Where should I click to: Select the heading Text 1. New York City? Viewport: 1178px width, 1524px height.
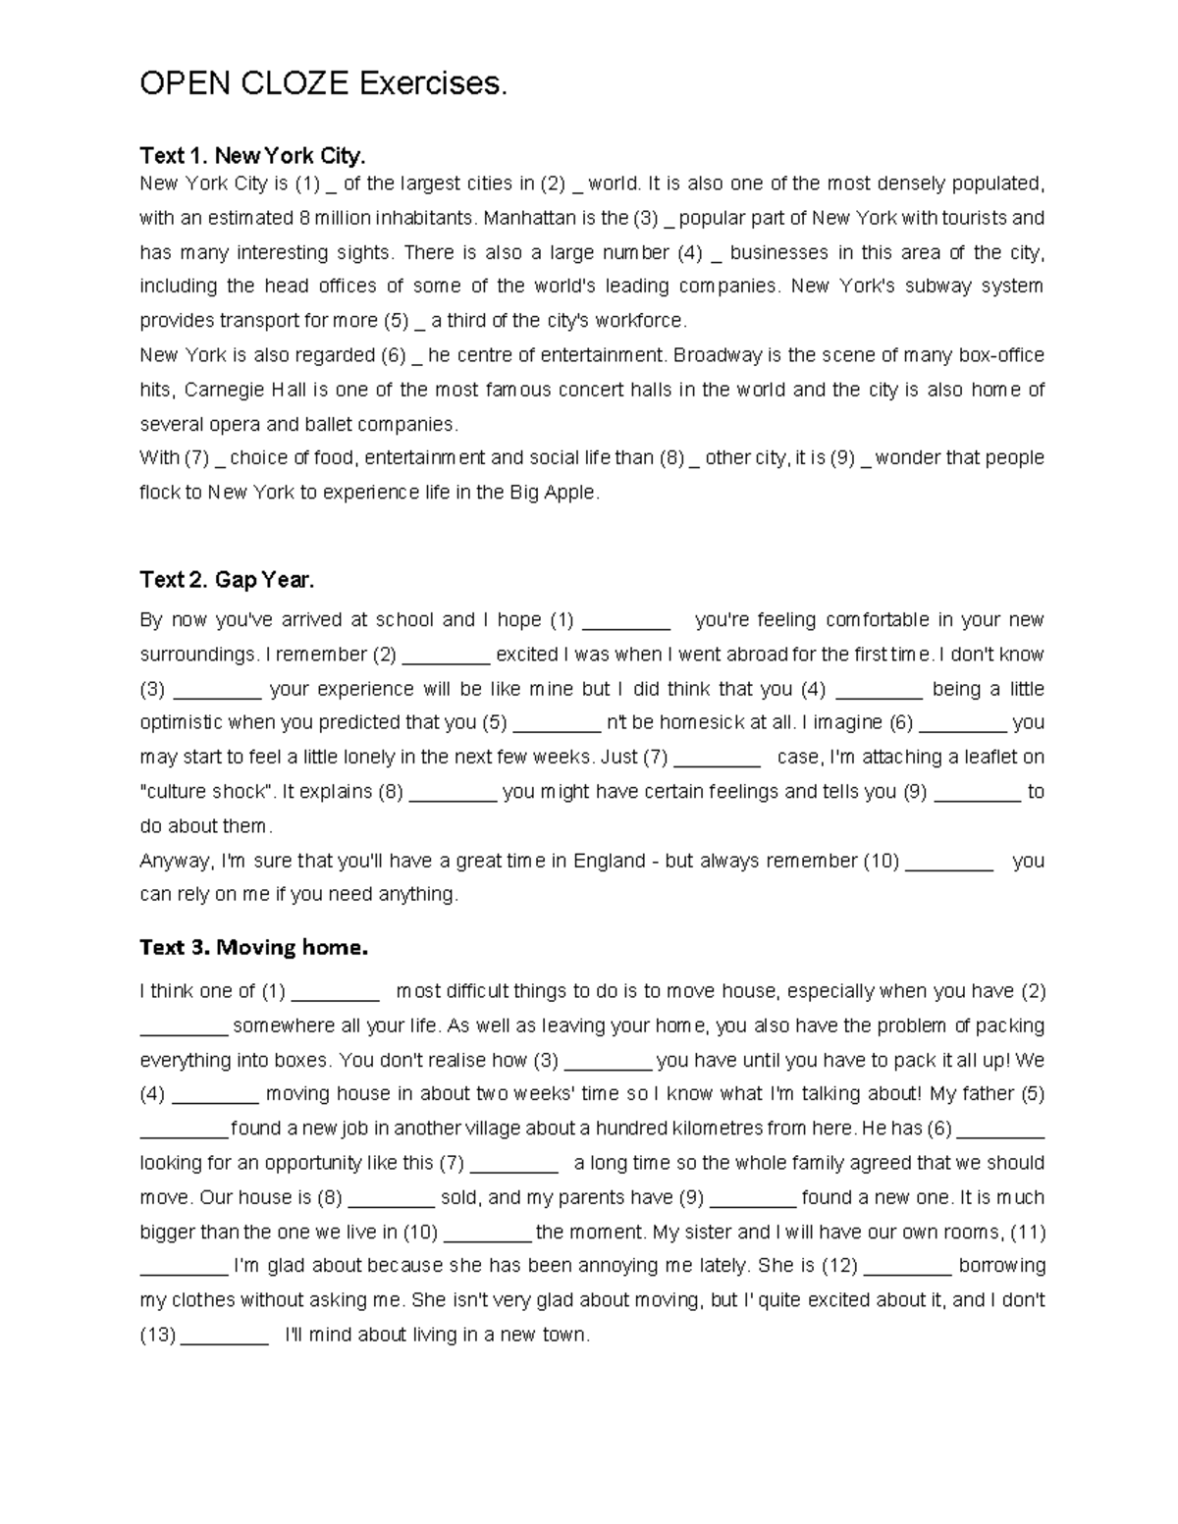pos(252,156)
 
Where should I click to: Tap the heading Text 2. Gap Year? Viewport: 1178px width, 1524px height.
pos(227,580)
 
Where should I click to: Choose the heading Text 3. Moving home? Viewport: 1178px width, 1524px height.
pos(253,947)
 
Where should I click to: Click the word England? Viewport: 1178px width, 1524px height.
pos(609,861)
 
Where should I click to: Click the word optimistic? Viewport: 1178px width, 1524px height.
pos(182,723)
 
